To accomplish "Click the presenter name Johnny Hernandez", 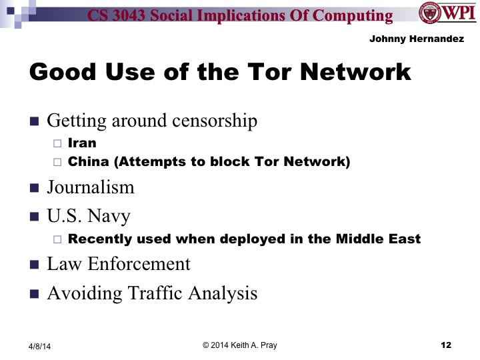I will click(417, 39).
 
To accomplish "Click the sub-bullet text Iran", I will click(82, 143).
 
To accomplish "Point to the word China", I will click(90, 162).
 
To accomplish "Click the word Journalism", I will click(91, 187).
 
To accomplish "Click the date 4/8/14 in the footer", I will click(39, 346).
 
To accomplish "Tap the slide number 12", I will click(446, 345).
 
